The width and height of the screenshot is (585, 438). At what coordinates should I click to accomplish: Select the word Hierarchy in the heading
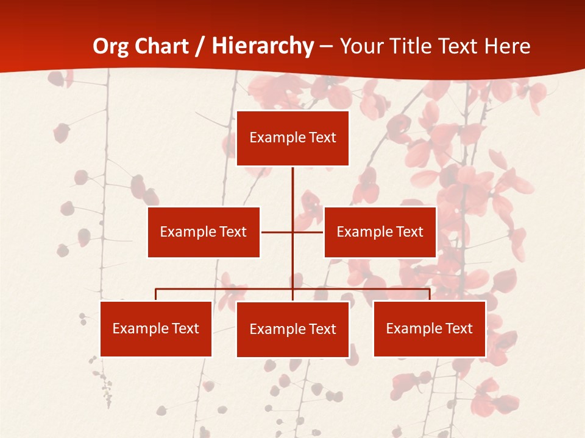click(x=263, y=46)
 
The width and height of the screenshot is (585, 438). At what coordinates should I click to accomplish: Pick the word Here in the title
click(x=507, y=46)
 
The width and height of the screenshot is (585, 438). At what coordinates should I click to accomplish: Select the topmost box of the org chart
click(x=292, y=138)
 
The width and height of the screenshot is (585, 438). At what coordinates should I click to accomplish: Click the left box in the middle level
click(x=204, y=232)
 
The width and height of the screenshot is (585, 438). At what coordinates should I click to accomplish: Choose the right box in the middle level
click(x=380, y=232)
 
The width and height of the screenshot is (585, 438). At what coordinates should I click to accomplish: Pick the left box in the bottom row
click(x=156, y=328)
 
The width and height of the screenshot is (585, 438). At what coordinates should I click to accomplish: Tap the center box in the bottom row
click(x=292, y=329)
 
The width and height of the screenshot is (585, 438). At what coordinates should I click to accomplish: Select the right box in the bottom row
click(x=430, y=328)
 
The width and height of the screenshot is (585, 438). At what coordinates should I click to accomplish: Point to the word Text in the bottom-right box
click(x=458, y=328)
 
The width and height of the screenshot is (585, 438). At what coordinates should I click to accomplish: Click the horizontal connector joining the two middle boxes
click(x=277, y=232)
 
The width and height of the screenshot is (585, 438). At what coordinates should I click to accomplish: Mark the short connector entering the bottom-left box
click(x=156, y=294)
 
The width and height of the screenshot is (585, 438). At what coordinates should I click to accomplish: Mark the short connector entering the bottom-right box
click(x=430, y=294)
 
